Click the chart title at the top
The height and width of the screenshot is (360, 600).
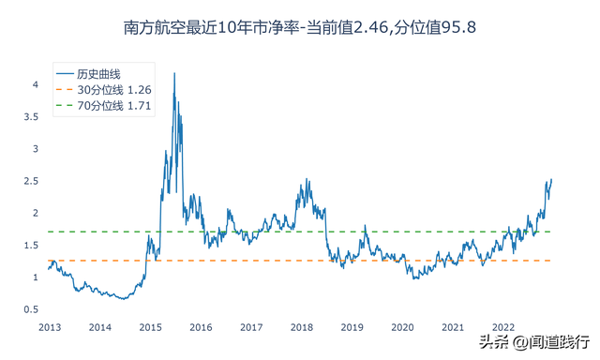point(299,27)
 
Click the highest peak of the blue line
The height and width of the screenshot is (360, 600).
point(175,73)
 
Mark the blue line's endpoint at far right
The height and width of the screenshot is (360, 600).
point(551,179)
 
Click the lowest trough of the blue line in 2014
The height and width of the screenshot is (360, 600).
point(123,299)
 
